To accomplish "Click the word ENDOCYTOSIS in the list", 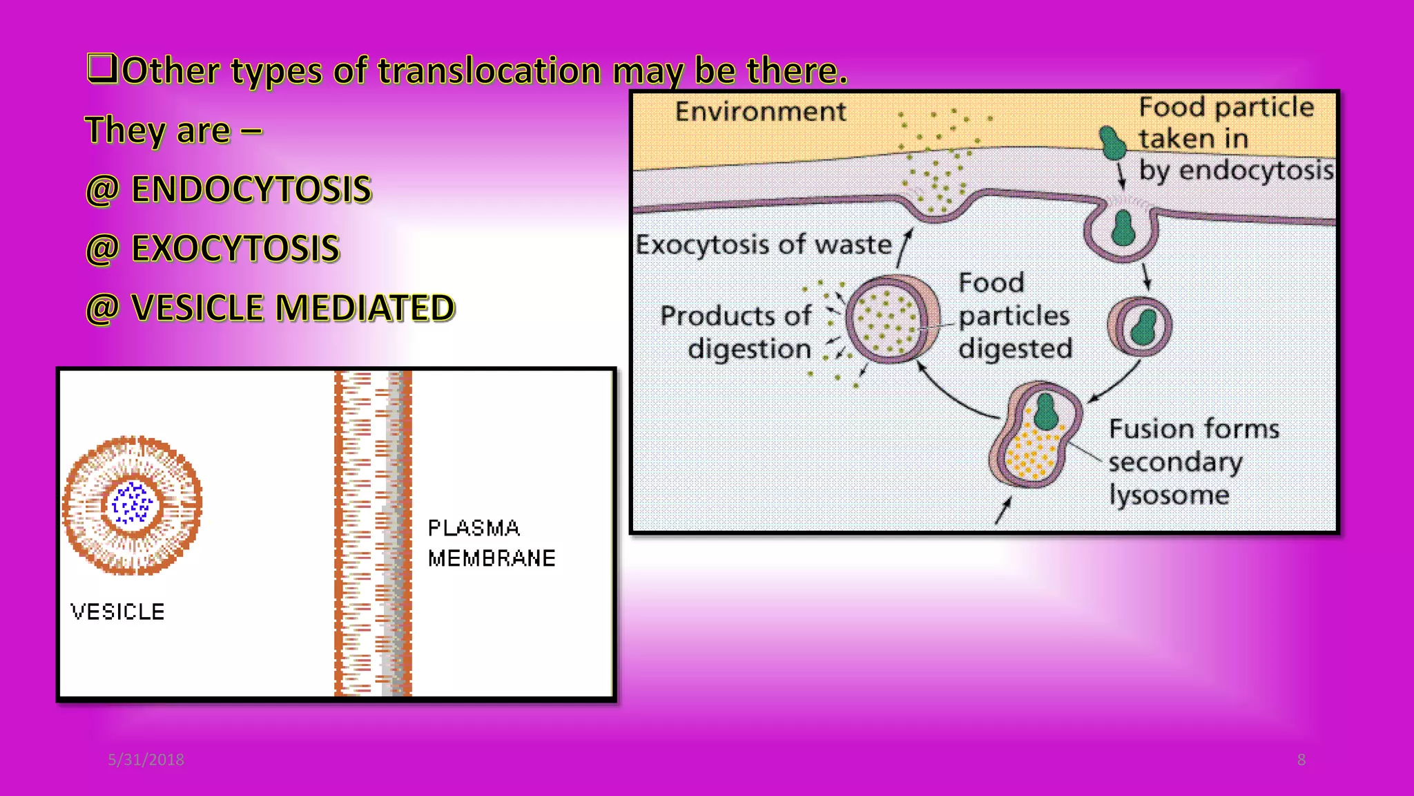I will click(251, 189).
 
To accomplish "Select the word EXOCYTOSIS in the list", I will click(235, 249).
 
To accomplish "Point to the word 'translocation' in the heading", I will click(490, 71).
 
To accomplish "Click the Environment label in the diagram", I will click(760, 112).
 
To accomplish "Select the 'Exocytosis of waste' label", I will click(764, 245).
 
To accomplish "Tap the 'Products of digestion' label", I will click(737, 332).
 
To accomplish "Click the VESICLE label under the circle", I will click(117, 612).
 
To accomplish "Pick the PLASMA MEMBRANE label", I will click(491, 543).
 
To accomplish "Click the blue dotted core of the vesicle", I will click(132, 504).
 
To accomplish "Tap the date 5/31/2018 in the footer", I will click(146, 760).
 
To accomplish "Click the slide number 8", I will click(1301, 760).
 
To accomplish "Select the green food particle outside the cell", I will click(1112, 142).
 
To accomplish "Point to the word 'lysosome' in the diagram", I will click(1169, 495).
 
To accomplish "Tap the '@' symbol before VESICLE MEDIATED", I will click(102, 309).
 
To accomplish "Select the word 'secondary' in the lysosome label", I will click(1175, 462).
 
